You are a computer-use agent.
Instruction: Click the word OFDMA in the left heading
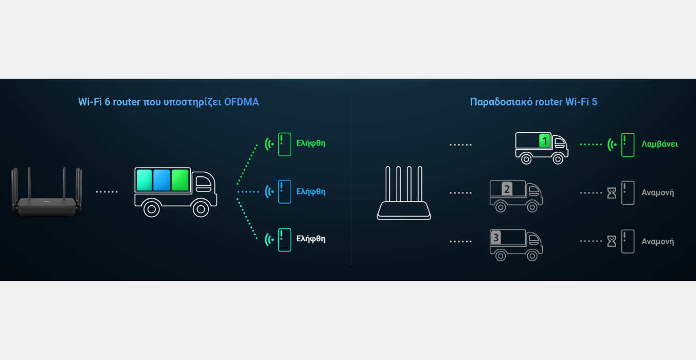pyautogui.click(x=241, y=102)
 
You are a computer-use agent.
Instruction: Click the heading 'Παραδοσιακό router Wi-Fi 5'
pyautogui.click(x=533, y=102)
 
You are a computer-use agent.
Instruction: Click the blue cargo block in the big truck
pyautogui.click(x=162, y=180)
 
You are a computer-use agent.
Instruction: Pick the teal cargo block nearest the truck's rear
pyautogui.click(x=144, y=180)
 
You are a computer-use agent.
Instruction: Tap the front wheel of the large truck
pyautogui.click(x=201, y=208)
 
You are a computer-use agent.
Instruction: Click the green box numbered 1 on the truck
pyautogui.click(x=545, y=140)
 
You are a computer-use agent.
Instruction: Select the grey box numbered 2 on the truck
pyautogui.click(x=507, y=189)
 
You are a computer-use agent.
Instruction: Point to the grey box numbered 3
pyautogui.click(x=496, y=237)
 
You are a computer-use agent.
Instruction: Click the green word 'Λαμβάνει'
pyautogui.click(x=659, y=144)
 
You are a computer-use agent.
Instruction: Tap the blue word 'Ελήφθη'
pyautogui.click(x=311, y=191)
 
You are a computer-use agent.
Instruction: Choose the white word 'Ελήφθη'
pyautogui.click(x=311, y=239)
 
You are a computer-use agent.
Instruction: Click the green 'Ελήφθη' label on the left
pyautogui.click(x=311, y=143)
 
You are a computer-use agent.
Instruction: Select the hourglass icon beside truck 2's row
pyautogui.click(x=611, y=193)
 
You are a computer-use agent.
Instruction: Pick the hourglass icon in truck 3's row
pyautogui.click(x=611, y=241)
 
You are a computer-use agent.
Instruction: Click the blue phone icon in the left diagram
pyautogui.click(x=284, y=191)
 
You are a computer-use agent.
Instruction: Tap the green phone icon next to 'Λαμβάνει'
pyautogui.click(x=628, y=145)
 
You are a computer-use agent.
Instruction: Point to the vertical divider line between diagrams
pyautogui.click(x=351, y=180)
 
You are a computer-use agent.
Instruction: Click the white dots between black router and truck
pyautogui.click(x=107, y=192)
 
